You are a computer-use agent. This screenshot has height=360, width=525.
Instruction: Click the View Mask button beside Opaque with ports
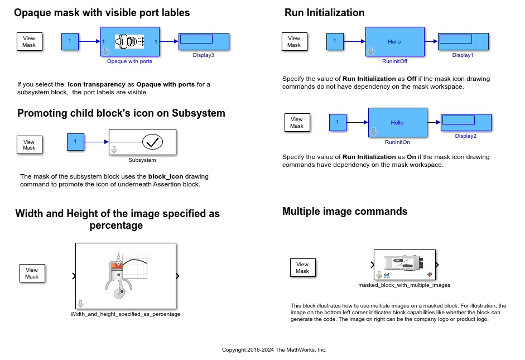click(29, 41)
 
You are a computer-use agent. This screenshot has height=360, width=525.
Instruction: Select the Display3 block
click(204, 41)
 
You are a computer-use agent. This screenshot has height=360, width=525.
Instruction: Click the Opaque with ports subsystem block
click(130, 42)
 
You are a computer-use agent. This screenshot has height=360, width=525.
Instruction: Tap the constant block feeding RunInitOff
click(335, 41)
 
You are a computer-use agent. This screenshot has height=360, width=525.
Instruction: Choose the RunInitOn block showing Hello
click(397, 122)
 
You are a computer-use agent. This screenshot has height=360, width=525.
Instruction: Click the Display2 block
click(466, 122)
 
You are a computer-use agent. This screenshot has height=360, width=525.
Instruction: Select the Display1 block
click(463, 41)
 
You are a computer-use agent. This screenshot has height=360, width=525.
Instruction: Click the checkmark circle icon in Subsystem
click(152, 142)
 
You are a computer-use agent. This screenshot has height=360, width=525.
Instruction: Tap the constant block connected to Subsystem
click(75, 142)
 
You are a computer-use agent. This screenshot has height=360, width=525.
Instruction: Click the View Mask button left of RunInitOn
click(297, 122)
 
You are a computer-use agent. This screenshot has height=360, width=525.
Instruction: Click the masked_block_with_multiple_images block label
click(404, 285)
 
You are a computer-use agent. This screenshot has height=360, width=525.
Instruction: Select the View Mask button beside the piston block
click(32, 273)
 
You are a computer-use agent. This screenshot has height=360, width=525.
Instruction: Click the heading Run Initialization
click(324, 13)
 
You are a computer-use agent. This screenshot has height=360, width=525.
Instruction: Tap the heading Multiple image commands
click(345, 211)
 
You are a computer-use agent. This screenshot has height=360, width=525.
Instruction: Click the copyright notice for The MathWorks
click(274, 350)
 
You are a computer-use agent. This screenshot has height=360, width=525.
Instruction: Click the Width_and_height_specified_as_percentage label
click(125, 314)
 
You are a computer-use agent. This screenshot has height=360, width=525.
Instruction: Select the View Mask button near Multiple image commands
click(302, 267)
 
